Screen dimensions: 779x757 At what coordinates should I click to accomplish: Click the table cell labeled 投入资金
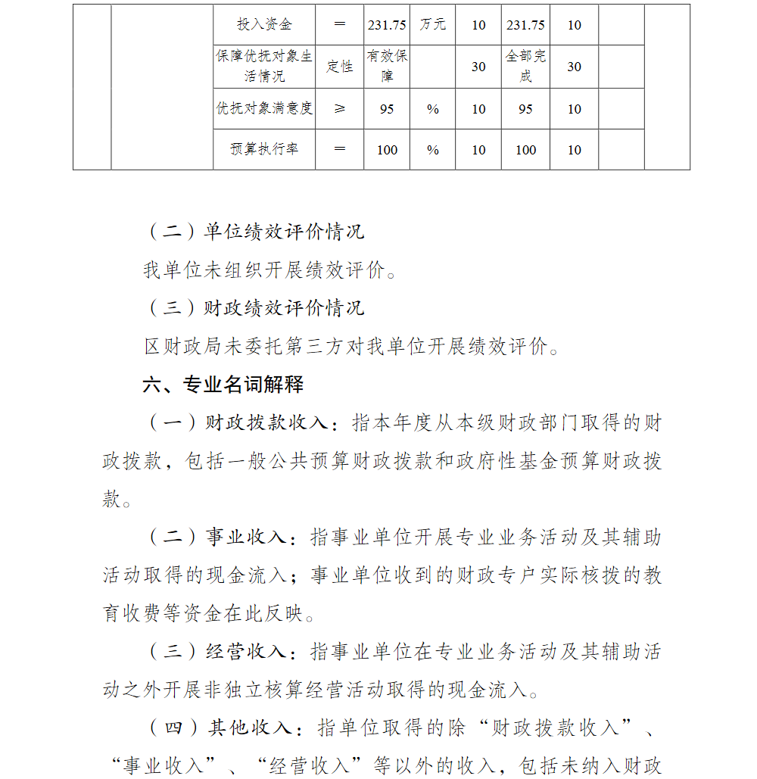coord(264,25)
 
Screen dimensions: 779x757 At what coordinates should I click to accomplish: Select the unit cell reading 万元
coord(432,25)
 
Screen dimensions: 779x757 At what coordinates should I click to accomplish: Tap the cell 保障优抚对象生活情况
coord(264,67)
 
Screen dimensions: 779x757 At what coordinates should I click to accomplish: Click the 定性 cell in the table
coord(340,67)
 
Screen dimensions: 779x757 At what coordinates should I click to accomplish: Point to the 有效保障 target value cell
coord(387,67)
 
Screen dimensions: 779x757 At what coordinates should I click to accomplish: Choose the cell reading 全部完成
coord(525,67)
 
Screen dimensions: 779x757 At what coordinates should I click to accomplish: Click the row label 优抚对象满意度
coord(264,109)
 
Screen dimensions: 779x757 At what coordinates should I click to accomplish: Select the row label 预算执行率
coord(264,150)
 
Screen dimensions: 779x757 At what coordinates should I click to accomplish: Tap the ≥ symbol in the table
coord(340,109)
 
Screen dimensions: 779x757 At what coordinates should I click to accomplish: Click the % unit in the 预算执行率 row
coord(432,150)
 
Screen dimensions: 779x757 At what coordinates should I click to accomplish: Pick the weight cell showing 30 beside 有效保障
coord(478,67)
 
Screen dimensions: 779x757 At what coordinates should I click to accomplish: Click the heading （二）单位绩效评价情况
coord(254,232)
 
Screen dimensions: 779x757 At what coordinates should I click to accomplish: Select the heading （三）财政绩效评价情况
coord(254,308)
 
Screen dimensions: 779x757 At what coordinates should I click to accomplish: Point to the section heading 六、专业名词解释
coord(223,385)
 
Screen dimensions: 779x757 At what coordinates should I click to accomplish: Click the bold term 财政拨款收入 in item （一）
coord(266,423)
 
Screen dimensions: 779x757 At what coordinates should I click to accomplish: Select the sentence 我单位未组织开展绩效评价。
coord(270,270)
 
